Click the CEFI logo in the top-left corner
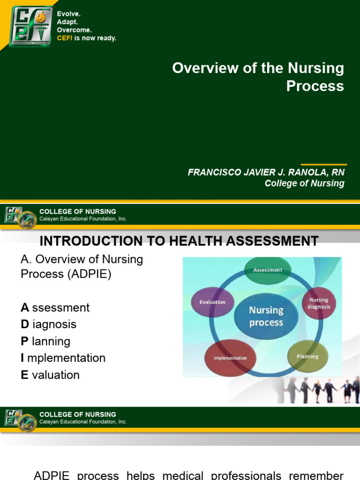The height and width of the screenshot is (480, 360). pyautogui.click(x=31, y=26)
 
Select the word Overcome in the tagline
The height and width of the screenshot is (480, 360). pyautogui.click(x=74, y=30)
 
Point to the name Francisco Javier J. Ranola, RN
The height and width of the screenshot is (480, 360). pyautogui.click(x=266, y=172)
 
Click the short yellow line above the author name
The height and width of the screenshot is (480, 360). pyautogui.click(x=323, y=165)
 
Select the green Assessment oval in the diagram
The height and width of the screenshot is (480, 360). pyautogui.click(x=268, y=270)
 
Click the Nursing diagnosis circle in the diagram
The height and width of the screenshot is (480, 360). pyautogui.click(x=319, y=303)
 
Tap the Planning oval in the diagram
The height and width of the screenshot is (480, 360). pyautogui.click(x=307, y=357)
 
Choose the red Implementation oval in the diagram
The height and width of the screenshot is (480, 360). pyautogui.click(x=230, y=358)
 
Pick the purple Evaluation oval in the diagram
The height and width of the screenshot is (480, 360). pyautogui.click(x=212, y=302)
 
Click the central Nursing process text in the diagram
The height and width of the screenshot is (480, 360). pyautogui.click(x=266, y=316)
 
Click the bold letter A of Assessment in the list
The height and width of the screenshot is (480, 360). pyautogui.click(x=25, y=307)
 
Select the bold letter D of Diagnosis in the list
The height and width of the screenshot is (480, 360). pyautogui.click(x=25, y=324)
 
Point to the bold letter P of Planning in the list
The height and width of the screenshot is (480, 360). pyautogui.click(x=24, y=341)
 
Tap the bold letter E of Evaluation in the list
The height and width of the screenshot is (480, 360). pyautogui.click(x=24, y=375)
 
